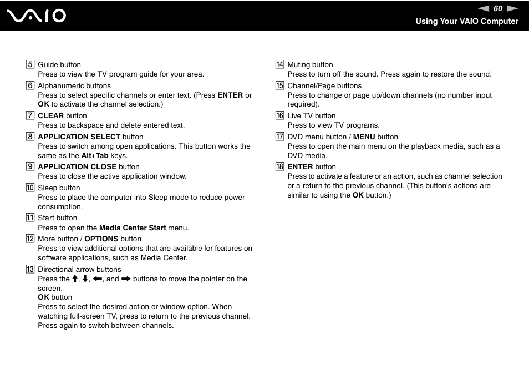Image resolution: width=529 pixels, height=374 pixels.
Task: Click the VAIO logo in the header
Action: tap(37, 16)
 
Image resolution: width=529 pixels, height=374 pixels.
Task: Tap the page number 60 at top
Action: tap(497, 8)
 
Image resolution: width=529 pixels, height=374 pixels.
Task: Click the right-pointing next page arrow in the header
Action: tap(512, 8)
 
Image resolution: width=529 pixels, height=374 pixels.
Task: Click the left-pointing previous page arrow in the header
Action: tap(484, 8)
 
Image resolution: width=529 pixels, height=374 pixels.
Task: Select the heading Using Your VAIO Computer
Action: tap(467, 21)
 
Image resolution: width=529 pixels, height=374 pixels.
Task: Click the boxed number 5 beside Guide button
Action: tap(30, 65)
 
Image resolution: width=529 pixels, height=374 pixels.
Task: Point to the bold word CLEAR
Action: tap(50, 116)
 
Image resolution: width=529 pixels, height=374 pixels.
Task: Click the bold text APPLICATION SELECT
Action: tap(79, 137)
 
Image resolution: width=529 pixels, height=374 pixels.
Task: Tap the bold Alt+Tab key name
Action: tap(95, 156)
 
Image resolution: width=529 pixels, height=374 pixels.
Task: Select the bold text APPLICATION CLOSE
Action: tap(77, 167)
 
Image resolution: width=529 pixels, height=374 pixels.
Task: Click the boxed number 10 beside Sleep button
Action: tap(30, 188)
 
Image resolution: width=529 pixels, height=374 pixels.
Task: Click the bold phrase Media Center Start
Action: tap(133, 228)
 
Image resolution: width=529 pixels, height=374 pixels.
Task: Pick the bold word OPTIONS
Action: tap(101, 239)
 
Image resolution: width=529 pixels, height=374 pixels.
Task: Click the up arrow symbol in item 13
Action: tap(75, 279)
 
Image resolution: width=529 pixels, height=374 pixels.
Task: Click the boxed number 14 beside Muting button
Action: tap(280, 65)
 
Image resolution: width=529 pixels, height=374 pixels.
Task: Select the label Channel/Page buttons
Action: tap(324, 86)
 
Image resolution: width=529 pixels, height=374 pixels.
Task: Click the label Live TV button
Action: tap(312, 116)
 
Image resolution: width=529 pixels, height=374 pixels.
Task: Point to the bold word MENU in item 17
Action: tap(364, 137)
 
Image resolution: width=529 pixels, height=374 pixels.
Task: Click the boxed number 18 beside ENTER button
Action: tap(280, 167)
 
